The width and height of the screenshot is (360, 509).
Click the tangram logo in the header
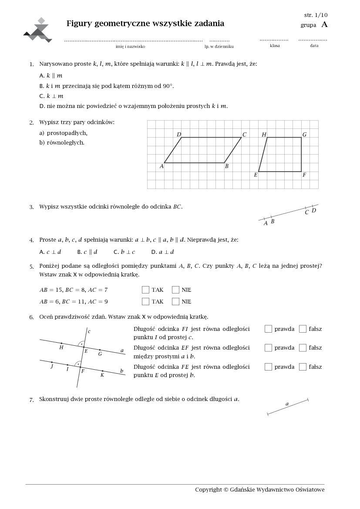click(x=38, y=30)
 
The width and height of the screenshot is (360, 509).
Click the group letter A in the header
click(x=324, y=25)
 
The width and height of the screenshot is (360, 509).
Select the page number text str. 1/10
click(x=316, y=15)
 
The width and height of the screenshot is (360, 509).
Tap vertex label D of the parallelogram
click(x=179, y=135)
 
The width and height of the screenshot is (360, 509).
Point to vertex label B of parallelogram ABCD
click(x=227, y=166)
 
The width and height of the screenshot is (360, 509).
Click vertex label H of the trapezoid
click(x=264, y=135)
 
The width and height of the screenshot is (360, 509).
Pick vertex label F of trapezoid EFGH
click(x=304, y=175)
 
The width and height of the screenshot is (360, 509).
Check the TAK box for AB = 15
click(x=145, y=290)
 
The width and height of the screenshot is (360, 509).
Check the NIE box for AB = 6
click(x=175, y=301)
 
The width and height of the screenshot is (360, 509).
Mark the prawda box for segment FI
click(x=268, y=329)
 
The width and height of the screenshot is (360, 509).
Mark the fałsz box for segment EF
click(x=303, y=347)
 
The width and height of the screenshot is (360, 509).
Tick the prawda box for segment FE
click(x=268, y=367)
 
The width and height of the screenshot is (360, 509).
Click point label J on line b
click(x=52, y=366)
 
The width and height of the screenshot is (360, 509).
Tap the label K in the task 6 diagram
click(x=102, y=375)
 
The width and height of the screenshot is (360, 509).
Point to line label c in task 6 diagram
click(x=89, y=331)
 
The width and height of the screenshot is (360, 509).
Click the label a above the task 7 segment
click(x=287, y=404)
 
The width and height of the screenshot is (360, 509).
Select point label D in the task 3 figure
click(x=313, y=211)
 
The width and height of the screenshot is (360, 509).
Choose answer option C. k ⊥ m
click(x=51, y=96)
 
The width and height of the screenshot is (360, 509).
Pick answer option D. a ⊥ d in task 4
click(x=162, y=252)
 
